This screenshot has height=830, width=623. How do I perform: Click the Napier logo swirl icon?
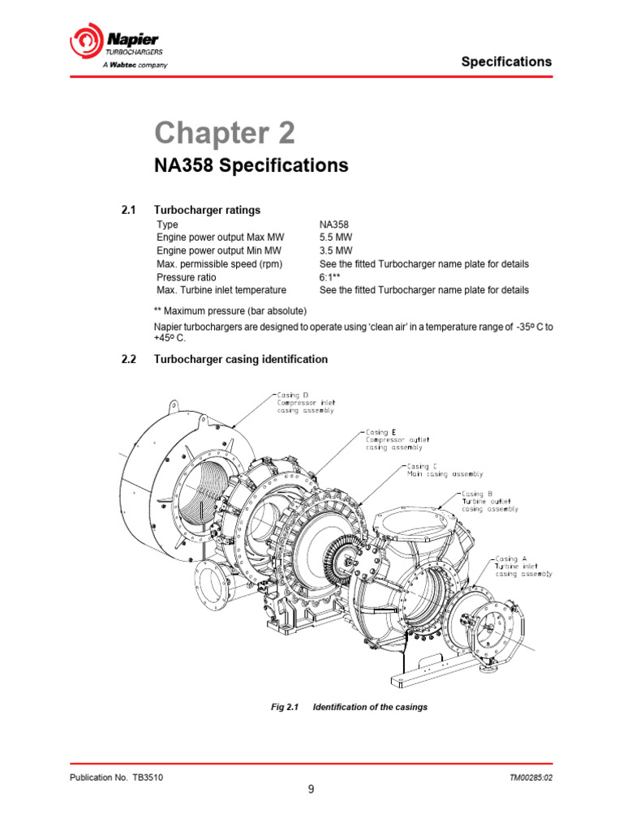(84, 41)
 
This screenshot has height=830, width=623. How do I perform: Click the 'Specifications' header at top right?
(506, 62)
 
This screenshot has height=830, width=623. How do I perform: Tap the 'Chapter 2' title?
(225, 133)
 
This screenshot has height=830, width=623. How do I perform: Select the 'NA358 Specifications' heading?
(251, 166)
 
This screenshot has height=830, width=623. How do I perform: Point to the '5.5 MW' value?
(337, 237)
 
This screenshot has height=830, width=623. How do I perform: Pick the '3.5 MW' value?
(337, 250)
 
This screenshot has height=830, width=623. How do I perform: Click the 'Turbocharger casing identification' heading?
(241, 359)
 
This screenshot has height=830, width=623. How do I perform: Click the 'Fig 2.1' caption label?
(286, 707)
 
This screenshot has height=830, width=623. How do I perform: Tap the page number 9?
(311, 791)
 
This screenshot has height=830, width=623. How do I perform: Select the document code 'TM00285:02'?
(531, 777)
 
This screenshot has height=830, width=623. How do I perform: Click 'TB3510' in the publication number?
(148, 777)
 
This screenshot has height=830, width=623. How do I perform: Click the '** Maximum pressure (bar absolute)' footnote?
(230, 310)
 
